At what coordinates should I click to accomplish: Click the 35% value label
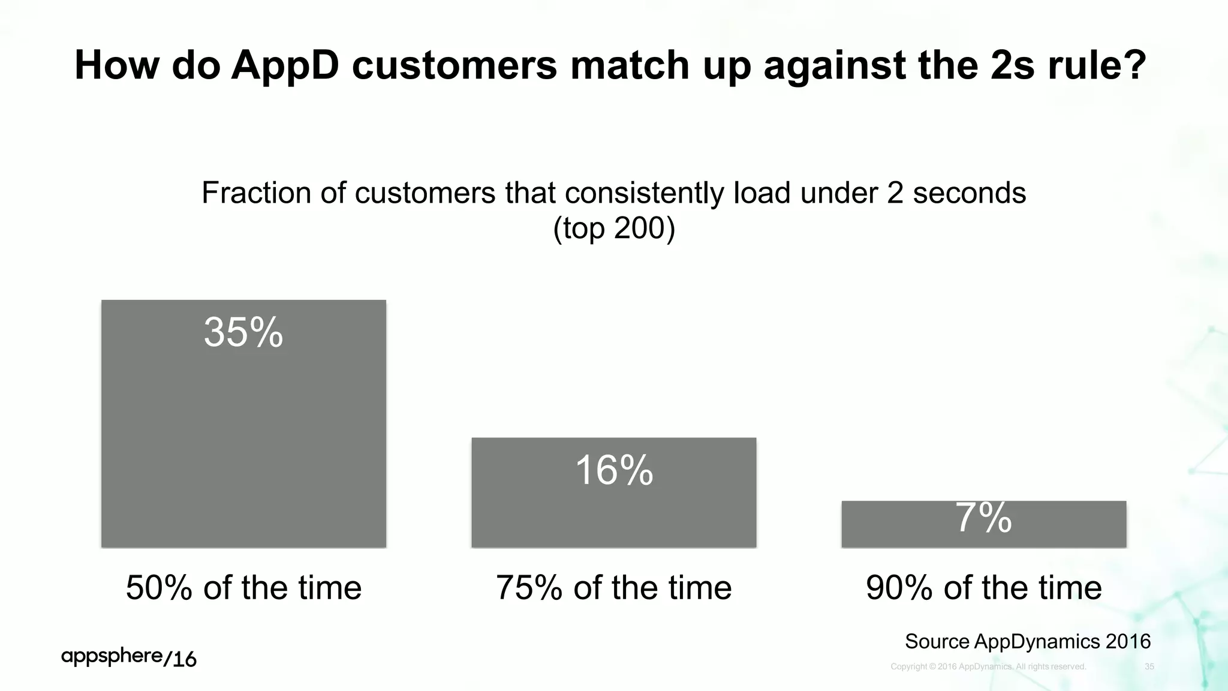tap(243, 332)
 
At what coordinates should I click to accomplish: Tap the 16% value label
tap(614, 470)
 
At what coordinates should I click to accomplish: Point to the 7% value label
tap(983, 518)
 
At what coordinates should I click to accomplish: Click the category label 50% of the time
tap(243, 587)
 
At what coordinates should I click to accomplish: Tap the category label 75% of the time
tap(614, 587)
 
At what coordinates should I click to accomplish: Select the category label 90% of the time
tap(983, 587)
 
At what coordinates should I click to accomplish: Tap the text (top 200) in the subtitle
tap(614, 229)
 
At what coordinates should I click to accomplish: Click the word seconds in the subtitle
tap(969, 193)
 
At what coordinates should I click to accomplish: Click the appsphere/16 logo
tap(129, 657)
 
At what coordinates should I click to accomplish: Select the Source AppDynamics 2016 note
tap(1027, 641)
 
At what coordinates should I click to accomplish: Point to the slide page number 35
tap(1149, 666)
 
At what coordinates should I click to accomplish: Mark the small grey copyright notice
tap(988, 666)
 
